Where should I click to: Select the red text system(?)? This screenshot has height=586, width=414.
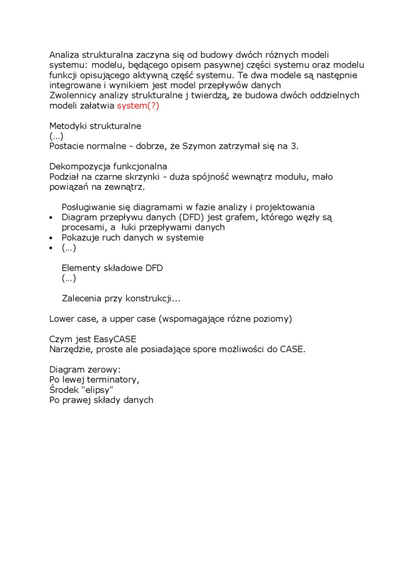click(138, 106)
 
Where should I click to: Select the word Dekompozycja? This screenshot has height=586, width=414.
click(77, 167)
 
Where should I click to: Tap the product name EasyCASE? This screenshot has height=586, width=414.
click(115, 340)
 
